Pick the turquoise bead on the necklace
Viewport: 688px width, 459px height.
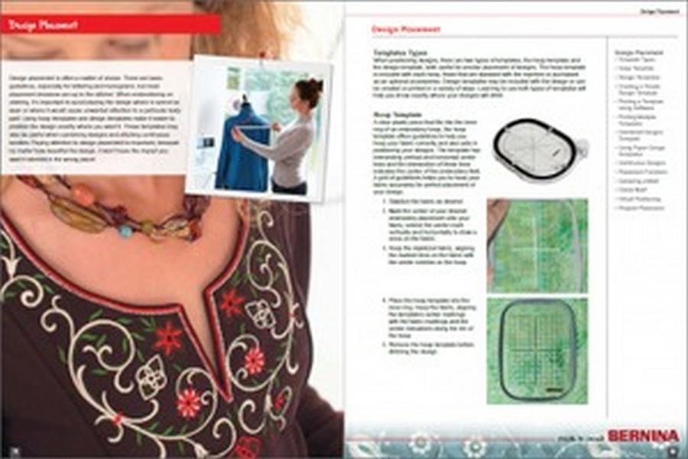(x=125, y=229)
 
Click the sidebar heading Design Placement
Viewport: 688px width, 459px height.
(x=631, y=52)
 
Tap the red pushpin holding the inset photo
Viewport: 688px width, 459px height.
(x=261, y=56)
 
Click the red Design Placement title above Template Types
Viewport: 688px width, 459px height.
(x=405, y=30)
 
